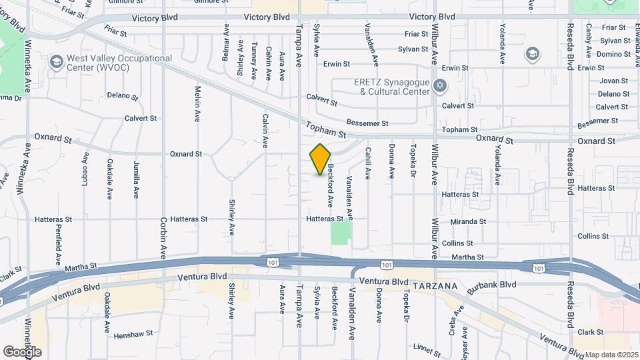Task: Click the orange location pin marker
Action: point(321,159)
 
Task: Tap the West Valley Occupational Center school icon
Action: point(56,62)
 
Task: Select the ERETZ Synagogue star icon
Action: point(439,86)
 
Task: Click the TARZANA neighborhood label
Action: point(435,286)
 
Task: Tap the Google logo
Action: point(22,351)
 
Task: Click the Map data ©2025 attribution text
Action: point(611,355)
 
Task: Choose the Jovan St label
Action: point(614,81)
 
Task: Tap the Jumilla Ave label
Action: point(136,181)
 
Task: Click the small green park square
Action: point(341,233)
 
